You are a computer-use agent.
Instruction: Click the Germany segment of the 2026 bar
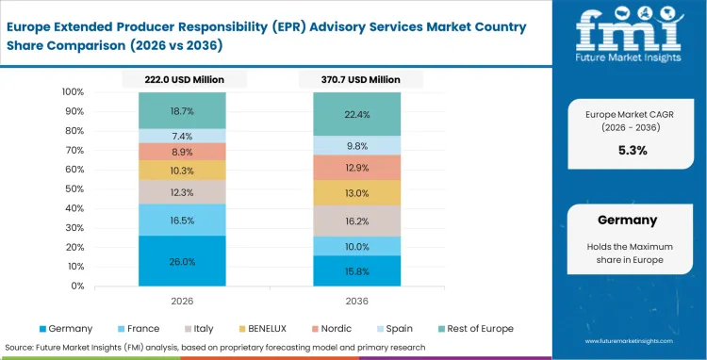point(182,261)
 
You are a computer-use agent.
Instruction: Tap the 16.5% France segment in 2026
point(182,220)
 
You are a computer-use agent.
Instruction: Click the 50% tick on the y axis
point(73,188)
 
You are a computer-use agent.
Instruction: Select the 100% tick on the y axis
point(73,92)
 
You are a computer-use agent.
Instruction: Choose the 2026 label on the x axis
point(182,301)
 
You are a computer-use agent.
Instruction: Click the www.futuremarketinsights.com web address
point(627,340)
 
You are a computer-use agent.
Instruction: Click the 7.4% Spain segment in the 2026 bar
point(182,136)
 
